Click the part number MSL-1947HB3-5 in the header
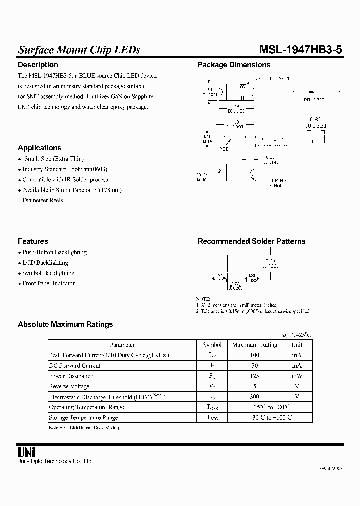(x=300, y=50)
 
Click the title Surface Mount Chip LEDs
(x=79, y=50)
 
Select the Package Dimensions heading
(x=234, y=65)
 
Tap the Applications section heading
(x=39, y=148)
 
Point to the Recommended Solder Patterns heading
(x=251, y=241)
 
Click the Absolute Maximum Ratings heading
(x=65, y=324)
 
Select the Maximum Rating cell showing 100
(x=255, y=355)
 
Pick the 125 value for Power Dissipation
(x=255, y=376)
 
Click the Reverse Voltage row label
(x=69, y=386)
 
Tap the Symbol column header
(x=212, y=345)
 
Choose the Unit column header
(x=297, y=345)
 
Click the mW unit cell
(x=297, y=376)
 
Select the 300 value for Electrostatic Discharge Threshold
(x=255, y=397)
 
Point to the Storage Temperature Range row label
(x=83, y=417)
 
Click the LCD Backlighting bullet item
(x=45, y=263)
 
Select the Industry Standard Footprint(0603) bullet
(x=65, y=169)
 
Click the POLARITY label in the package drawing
(x=315, y=100)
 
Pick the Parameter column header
(x=122, y=345)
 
